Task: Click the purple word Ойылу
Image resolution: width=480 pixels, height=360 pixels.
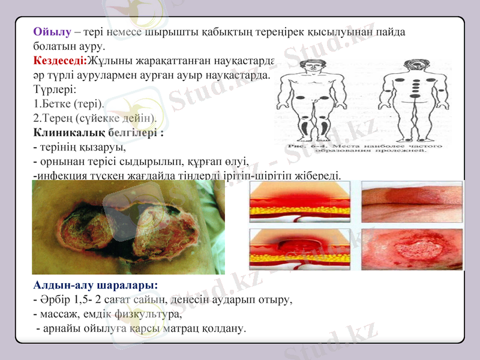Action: click(x=53, y=32)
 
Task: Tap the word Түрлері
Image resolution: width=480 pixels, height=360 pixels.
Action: click(x=53, y=89)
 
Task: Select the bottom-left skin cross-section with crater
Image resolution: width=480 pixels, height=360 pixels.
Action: click(x=301, y=248)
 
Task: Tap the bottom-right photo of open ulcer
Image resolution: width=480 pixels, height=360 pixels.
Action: click(x=412, y=248)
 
